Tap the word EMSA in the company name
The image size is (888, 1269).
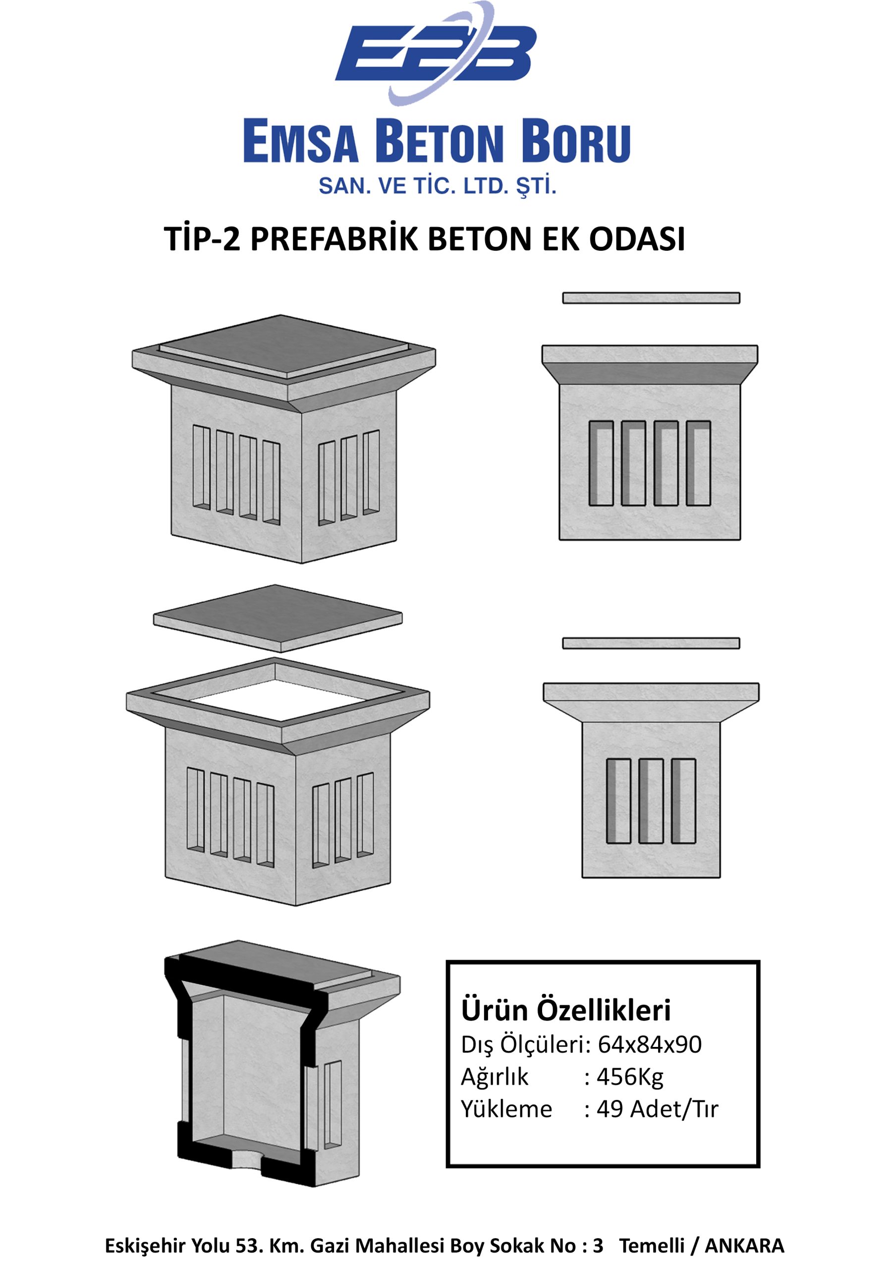pyautogui.click(x=301, y=143)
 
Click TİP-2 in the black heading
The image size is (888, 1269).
pyautogui.click(x=202, y=239)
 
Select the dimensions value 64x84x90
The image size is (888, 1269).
pyautogui.click(x=650, y=1044)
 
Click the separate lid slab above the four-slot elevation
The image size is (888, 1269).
pyautogui.click(x=651, y=298)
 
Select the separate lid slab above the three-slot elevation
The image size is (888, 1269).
pyautogui.click(x=651, y=643)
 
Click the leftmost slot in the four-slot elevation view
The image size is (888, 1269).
pyautogui.click(x=601, y=463)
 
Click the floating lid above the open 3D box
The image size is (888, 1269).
pyautogui.click(x=278, y=618)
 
